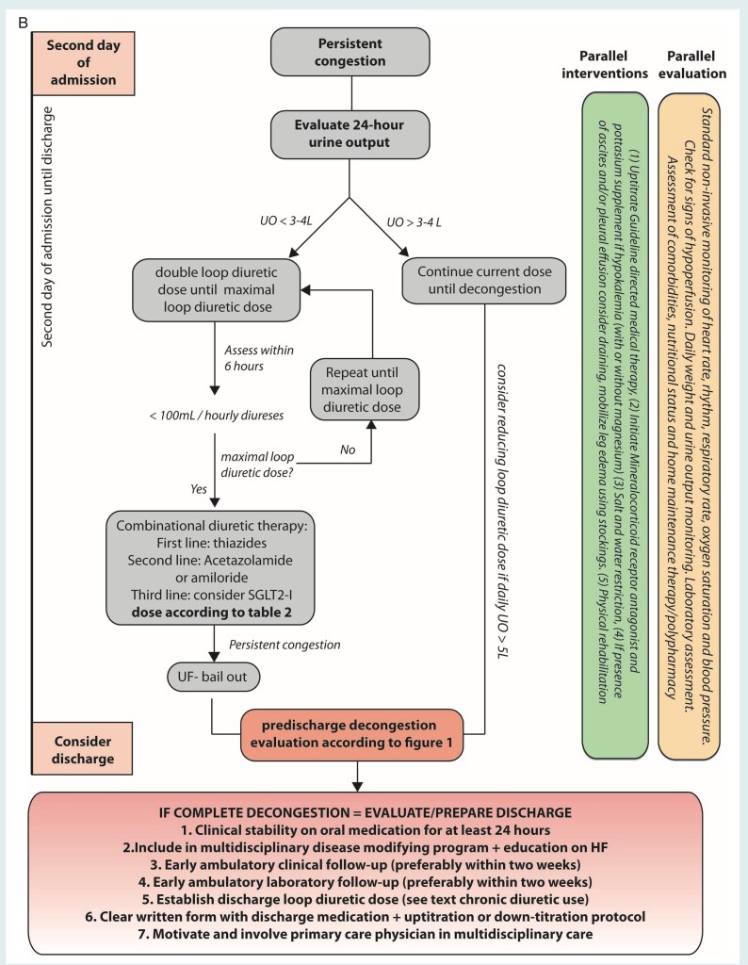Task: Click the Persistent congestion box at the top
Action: click(x=351, y=53)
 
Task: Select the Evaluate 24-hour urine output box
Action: click(x=351, y=135)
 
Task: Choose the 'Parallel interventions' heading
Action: click(x=614, y=61)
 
